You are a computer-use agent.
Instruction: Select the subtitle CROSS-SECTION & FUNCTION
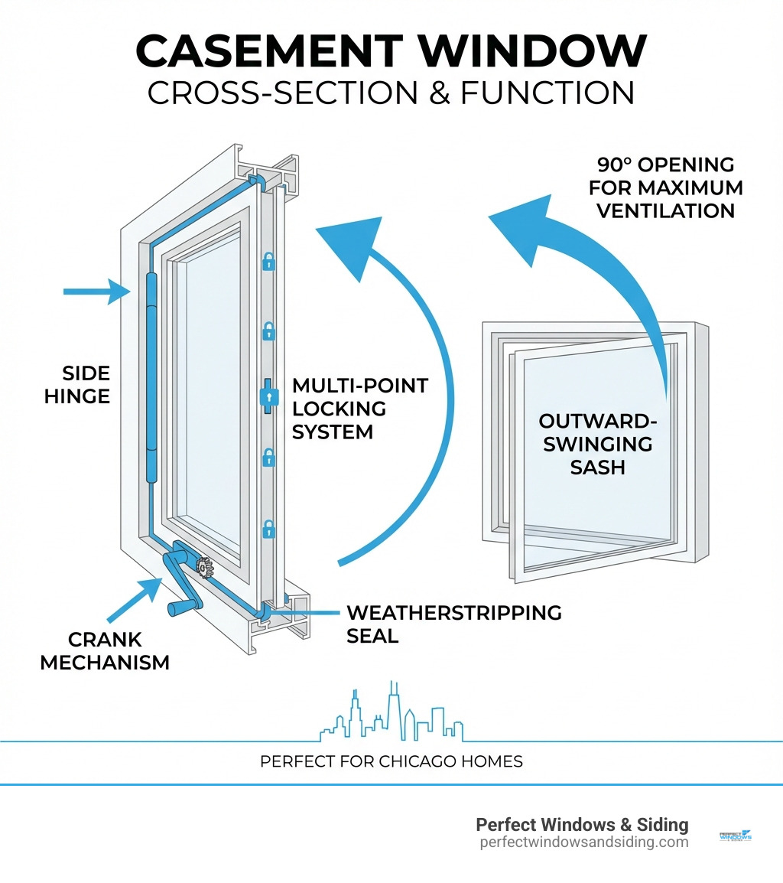[x=391, y=93]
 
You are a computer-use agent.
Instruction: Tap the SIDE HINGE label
[x=86, y=385]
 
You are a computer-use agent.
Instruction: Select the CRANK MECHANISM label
[x=105, y=650]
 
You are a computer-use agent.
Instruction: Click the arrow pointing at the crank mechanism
[x=134, y=600]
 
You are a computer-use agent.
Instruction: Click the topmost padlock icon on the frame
[x=268, y=262]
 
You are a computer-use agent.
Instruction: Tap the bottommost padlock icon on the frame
[x=268, y=528]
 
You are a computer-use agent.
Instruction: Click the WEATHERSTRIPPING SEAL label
[x=453, y=624]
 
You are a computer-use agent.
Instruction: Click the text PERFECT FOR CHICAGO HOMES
[x=391, y=761]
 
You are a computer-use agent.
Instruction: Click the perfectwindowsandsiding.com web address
[x=583, y=842]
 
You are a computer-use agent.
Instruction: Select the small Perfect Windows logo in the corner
[x=736, y=836]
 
